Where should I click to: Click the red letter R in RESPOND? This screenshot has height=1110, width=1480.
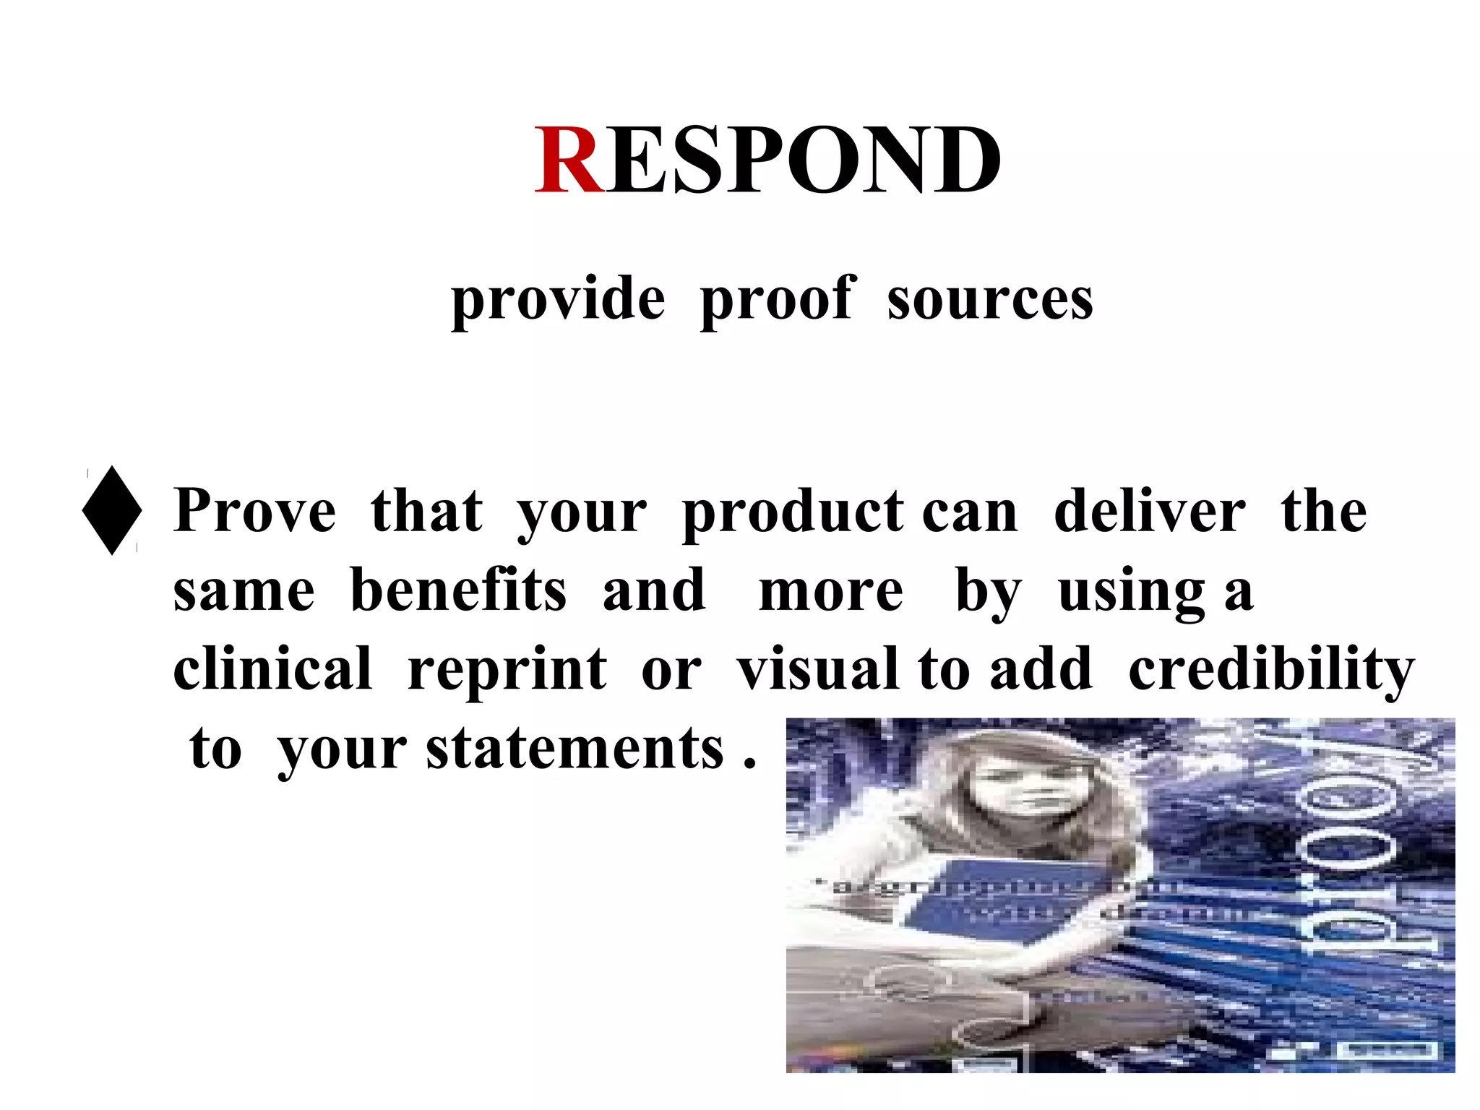coord(569,160)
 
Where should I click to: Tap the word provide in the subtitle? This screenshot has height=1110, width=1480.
coord(558,299)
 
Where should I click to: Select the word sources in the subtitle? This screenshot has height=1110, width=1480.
coord(990,299)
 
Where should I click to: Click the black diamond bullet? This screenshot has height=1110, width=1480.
coord(112,510)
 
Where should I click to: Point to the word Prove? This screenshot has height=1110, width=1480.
coord(255,510)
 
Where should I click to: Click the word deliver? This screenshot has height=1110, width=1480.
coord(1150,510)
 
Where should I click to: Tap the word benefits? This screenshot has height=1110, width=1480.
coord(458,590)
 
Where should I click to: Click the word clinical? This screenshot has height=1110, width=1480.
coord(272,668)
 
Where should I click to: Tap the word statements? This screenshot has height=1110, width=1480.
coord(575,749)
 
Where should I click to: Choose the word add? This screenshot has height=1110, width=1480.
coord(1041,668)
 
